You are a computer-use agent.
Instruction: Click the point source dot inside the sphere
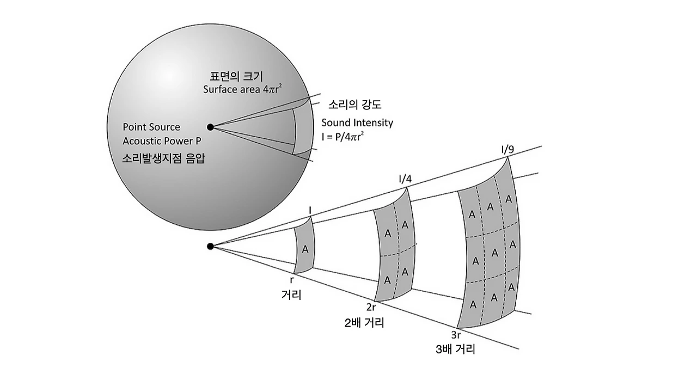tap(211, 127)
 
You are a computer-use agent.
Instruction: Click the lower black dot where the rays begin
tap(211, 247)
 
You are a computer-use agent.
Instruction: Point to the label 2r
tap(372, 308)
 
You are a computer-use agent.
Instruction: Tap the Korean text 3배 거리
tap(456, 350)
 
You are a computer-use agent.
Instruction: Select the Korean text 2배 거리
tap(365, 323)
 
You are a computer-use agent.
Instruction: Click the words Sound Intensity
tap(357, 122)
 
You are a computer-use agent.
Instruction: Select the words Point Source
tap(151, 127)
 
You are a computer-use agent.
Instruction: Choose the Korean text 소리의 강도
tap(354, 105)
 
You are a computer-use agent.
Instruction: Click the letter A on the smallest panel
tap(305, 249)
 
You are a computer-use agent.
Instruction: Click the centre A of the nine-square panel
tap(494, 252)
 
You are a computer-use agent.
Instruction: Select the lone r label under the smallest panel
tap(292, 280)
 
